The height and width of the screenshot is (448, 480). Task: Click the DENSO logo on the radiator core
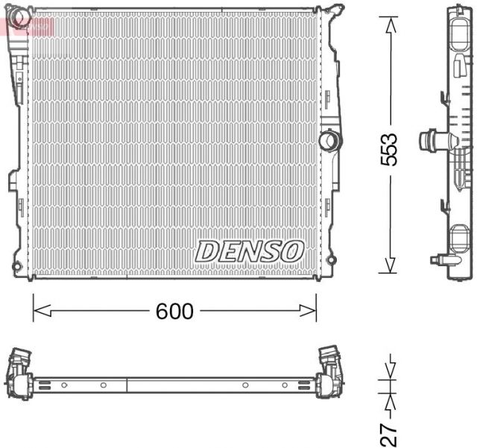(x=249, y=250)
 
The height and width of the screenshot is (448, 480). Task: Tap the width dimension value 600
(x=174, y=311)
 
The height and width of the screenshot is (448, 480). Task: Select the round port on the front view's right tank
(x=327, y=139)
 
